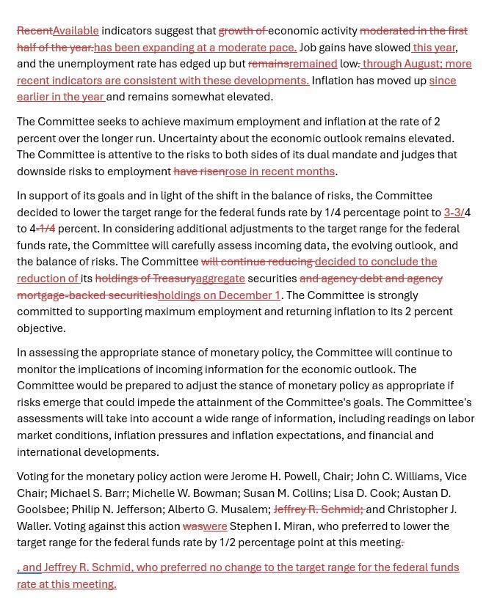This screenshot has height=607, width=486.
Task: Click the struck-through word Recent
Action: point(35,31)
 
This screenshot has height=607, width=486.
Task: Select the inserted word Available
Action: point(76,31)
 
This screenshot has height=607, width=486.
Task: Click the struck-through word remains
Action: point(268,64)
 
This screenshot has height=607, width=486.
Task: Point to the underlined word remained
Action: point(313,64)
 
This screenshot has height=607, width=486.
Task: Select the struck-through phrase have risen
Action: point(199,172)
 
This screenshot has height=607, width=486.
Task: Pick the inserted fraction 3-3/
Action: point(454,213)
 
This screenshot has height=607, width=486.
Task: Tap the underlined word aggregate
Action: point(220,279)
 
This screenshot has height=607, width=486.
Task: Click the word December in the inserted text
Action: point(247,295)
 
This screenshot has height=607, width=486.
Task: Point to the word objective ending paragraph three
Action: point(41,328)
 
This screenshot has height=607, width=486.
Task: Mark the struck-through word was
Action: point(192,526)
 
